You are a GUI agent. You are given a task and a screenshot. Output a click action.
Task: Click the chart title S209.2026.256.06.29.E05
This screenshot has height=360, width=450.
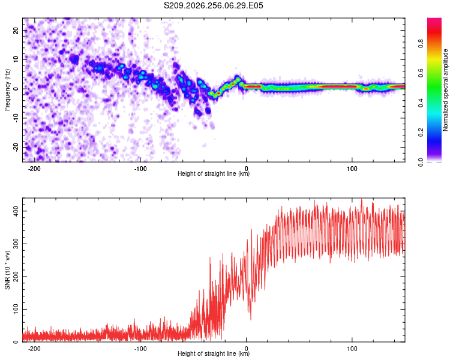click(213, 5)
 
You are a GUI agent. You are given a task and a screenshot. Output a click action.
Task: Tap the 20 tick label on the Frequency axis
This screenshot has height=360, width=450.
click(16, 30)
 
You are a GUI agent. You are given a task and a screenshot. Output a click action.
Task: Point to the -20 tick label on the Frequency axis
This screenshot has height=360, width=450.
click(16, 147)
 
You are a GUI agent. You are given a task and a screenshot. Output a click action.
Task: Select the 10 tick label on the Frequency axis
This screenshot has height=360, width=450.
click(16, 59)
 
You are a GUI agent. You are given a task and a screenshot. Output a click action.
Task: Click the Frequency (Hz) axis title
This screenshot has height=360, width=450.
click(7, 90)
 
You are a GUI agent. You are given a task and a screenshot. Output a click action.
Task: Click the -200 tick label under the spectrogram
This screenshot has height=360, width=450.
click(34, 169)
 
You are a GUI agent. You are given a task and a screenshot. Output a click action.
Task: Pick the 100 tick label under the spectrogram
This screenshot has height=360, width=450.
click(352, 169)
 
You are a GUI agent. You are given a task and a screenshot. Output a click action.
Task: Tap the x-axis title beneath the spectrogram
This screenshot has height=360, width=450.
click(214, 173)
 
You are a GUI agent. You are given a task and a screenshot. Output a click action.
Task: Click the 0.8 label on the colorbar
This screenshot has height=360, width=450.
click(421, 44)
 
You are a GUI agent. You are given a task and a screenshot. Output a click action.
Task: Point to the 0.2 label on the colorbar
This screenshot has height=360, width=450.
click(421, 133)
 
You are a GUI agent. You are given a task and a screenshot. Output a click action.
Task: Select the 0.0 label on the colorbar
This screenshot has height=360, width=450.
click(421, 162)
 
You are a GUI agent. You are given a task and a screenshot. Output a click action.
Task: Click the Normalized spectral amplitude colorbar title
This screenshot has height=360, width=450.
click(445, 90)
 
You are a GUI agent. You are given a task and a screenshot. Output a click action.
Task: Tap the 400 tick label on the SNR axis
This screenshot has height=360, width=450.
click(16, 211)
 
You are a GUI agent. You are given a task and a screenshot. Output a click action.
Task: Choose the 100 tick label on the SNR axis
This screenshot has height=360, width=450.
click(16, 309)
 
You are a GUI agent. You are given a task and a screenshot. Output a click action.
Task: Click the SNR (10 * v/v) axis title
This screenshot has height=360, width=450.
click(7, 270)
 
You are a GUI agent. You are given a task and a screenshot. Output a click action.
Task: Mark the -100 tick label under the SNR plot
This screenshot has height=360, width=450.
click(140, 349)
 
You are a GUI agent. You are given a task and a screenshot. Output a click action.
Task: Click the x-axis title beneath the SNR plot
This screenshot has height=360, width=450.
click(214, 353)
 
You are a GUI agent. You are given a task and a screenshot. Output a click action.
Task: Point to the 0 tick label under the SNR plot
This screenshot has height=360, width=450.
click(246, 349)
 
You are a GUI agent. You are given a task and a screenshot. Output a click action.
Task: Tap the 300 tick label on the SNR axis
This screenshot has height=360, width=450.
click(16, 244)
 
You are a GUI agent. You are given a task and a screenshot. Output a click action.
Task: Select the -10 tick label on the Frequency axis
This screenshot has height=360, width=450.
click(16, 118)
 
